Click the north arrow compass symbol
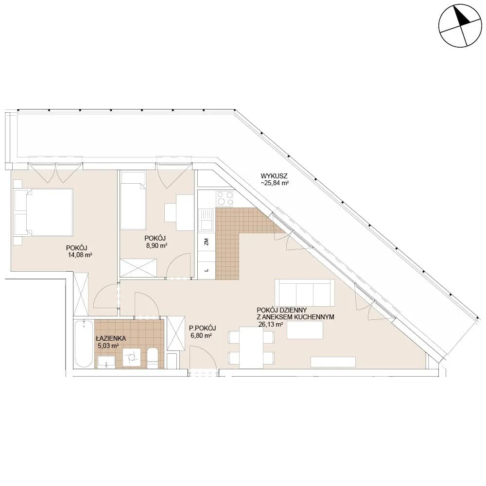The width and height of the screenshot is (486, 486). pos(461,26)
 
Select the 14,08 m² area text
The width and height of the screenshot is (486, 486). pos(80,255)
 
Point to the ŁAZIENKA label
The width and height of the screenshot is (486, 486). pos(111,339)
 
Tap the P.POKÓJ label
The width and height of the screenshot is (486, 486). pos(202,328)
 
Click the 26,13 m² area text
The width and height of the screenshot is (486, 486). pos(271,324)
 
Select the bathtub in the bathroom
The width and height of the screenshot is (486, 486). pos(84,344)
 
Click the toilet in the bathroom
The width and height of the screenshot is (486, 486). pos(153,358)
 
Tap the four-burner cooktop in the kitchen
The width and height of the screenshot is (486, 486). pos(225,198)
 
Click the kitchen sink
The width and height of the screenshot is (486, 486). pos(206,220)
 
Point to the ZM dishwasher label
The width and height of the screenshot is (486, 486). pos(206,242)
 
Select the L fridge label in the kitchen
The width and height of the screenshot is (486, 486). pos(206,270)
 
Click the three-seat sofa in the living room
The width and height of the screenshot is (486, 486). pos(305,293)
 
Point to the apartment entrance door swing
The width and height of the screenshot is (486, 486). pos(203,360)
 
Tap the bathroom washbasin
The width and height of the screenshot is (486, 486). pos(106,362)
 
